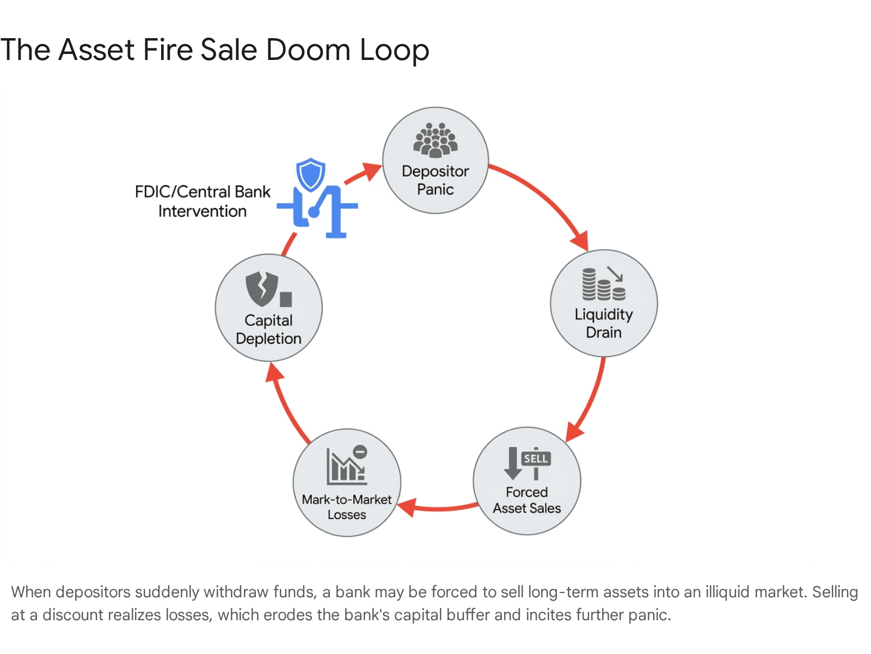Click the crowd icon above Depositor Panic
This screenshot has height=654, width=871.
tap(436, 140)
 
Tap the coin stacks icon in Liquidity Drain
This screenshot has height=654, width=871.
tap(604, 283)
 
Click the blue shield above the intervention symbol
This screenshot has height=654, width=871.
tap(311, 174)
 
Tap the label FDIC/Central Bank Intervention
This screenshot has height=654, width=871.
tap(203, 201)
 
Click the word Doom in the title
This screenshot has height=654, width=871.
tap(308, 50)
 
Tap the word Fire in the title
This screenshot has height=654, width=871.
tap(168, 50)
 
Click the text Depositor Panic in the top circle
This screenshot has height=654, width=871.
tap(436, 180)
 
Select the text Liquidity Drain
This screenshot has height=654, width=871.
tap(604, 323)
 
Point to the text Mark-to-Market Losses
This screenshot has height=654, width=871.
tap(347, 507)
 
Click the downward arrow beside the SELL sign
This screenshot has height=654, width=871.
tap(513, 463)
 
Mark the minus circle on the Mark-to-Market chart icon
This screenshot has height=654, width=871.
tap(360, 451)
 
